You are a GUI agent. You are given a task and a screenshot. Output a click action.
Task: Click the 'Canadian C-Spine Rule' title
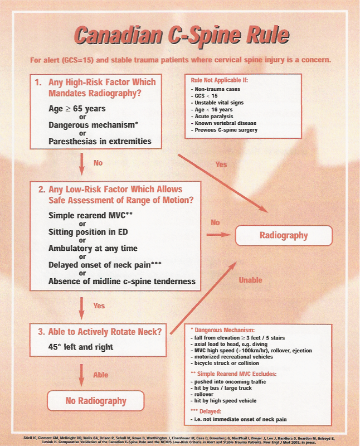(x=179, y=35)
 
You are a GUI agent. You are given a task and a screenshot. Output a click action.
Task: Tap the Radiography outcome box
(x=284, y=235)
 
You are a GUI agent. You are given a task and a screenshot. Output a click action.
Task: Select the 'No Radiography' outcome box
(x=96, y=401)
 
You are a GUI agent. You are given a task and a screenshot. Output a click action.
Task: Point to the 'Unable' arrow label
(x=251, y=280)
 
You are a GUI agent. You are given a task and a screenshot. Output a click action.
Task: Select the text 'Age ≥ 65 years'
(x=77, y=109)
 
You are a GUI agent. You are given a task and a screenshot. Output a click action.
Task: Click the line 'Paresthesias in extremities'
(x=100, y=141)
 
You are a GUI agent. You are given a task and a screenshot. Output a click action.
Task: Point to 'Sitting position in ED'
(x=87, y=232)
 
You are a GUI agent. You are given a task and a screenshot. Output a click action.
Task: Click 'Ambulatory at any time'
(x=93, y=248)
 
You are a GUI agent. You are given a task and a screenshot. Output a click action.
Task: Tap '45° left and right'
(x=81, y=347)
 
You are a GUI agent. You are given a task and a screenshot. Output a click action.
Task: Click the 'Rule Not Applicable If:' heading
(x=222, y=80)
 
